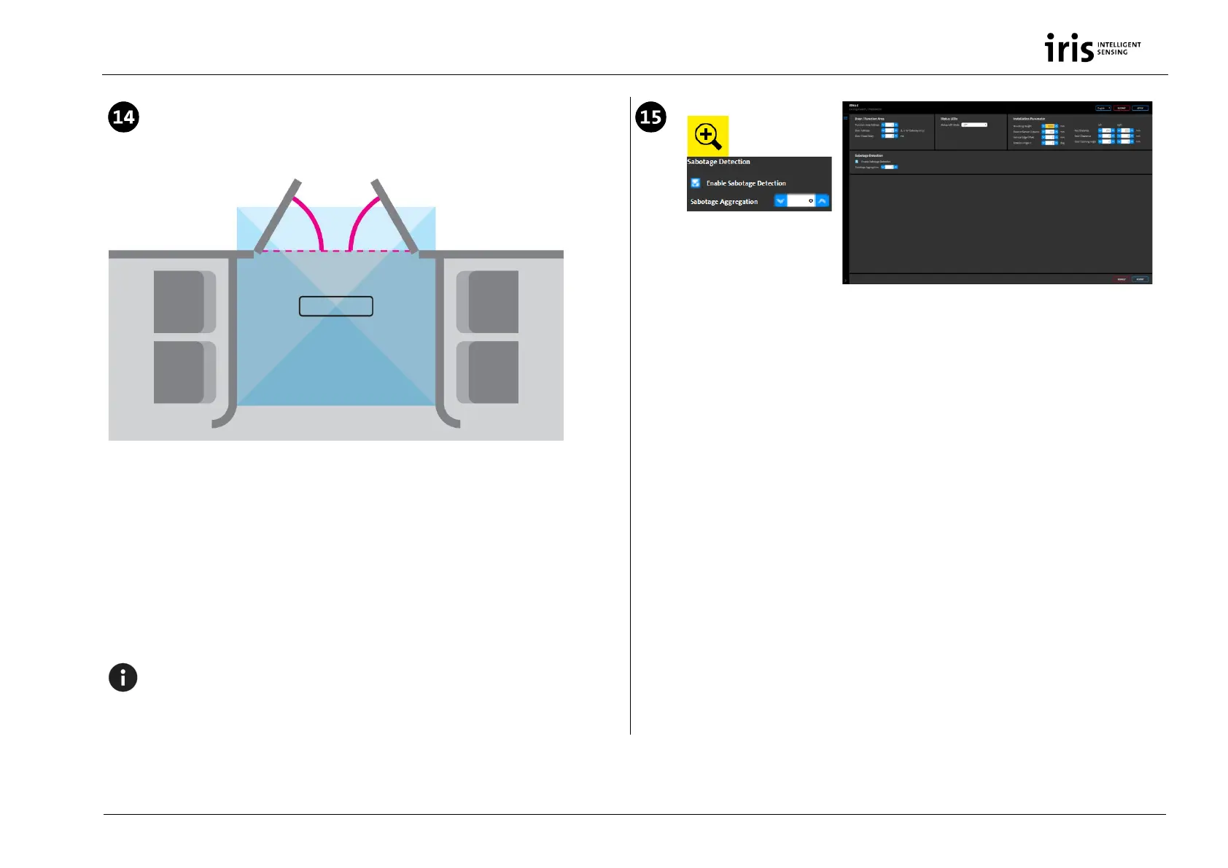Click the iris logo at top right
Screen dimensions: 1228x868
pyautogui.click(x=1092, y=48)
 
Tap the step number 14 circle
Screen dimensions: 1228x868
pyautogui.click(x=124, y=117)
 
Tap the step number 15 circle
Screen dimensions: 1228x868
pyautogui.click(x=650, y=117)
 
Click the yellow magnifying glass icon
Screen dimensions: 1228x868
pyautogui.click(x=707, y=136)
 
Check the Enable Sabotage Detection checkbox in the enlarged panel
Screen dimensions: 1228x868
pyautogui.click(x=696, y=183)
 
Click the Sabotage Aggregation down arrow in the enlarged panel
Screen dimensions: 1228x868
pyautogui.click(x=780, y=201)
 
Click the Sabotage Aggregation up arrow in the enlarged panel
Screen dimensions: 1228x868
pyautogui.click(x=823, y=201)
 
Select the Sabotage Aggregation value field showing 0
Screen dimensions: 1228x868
pyautogui.click(x=801, y=201)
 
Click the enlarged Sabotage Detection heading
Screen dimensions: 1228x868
pyautogui.click(x=719, y=162)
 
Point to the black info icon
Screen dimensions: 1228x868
pyautogui.click(x=123, y=678)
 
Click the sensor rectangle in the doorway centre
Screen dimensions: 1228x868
pyautogui.click(x=336, y=306)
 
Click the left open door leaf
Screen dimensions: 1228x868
pyautogui.click(x=277, y=216)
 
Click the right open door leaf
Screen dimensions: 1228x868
pyautogui.click(x=395, y=216)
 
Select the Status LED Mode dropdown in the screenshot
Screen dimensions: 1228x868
pyautogui.click(x=974, y=125)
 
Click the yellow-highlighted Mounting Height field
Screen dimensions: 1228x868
pyautogui.click(x=1049, y=126)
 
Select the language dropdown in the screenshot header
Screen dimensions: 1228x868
pyautogui.click(x=1103, y=108)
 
